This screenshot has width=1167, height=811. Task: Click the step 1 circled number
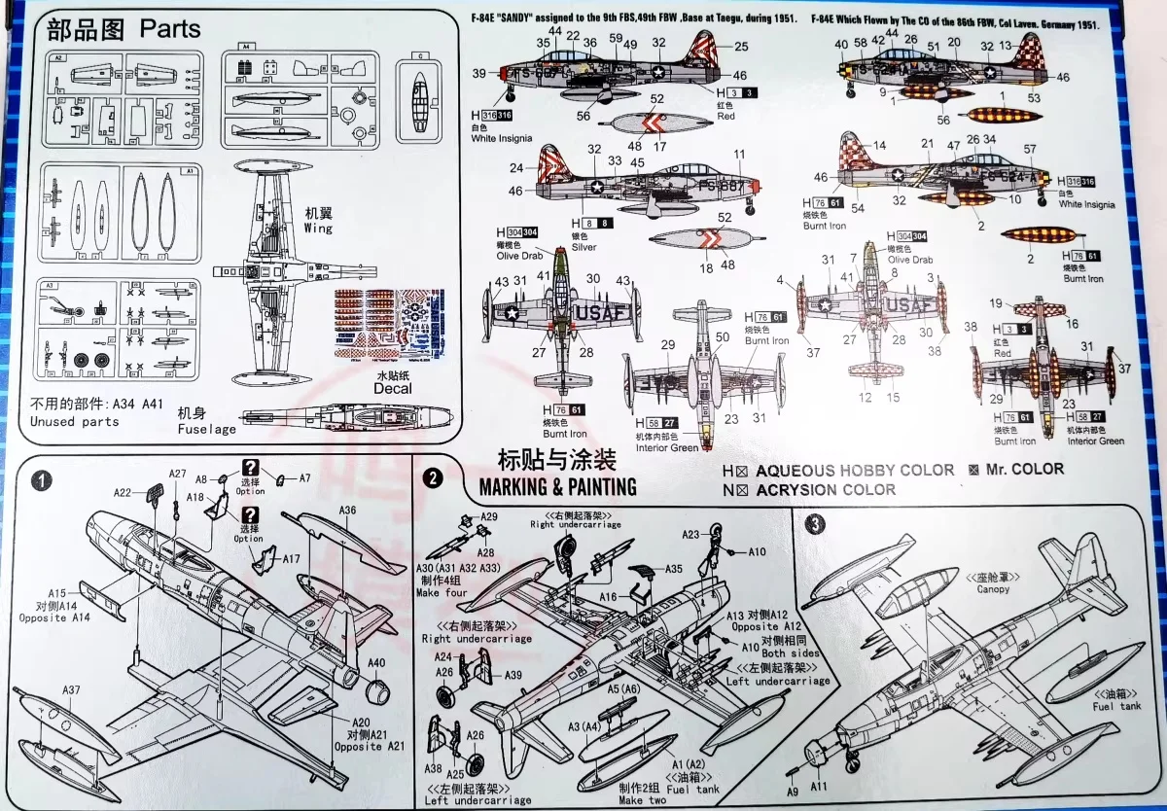41,479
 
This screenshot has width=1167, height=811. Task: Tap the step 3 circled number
816,522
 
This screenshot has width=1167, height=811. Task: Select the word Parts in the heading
170,28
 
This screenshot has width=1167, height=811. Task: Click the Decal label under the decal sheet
393,388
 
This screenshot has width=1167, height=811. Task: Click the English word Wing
318,228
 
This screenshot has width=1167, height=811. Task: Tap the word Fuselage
206,429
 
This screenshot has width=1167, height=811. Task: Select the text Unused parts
74,421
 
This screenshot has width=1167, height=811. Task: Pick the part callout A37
71,689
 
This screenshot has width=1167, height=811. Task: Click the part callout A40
376,663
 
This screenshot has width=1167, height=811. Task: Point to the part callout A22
122,492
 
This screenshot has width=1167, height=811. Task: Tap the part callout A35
673,568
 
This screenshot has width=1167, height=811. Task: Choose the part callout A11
818,786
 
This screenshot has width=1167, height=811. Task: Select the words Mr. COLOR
1024,469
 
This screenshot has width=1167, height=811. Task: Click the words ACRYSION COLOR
825,489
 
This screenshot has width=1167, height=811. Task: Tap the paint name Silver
583,247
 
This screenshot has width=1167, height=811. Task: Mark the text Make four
442,593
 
